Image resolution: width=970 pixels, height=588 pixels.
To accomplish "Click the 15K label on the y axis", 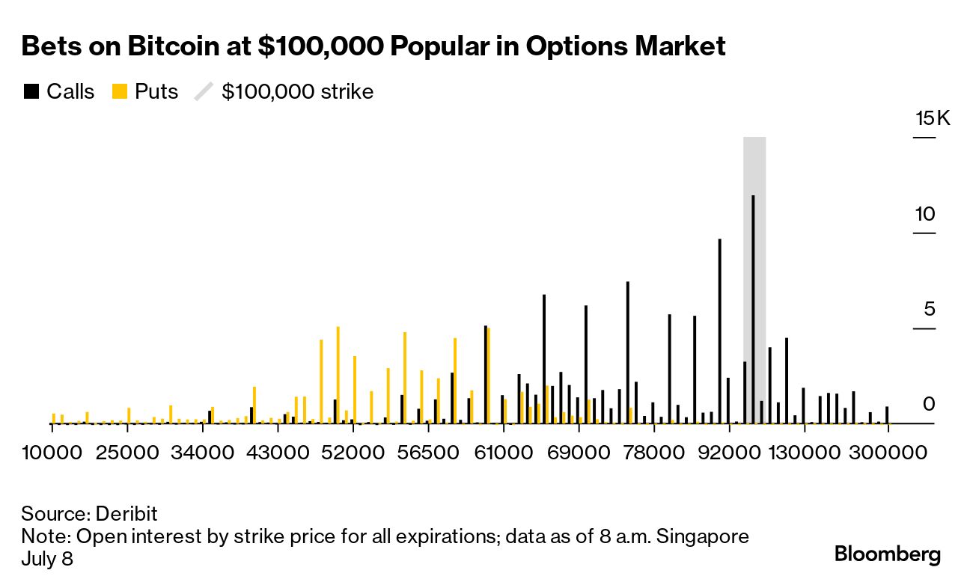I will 932,119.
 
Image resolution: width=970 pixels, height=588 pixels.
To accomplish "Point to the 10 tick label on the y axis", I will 925,215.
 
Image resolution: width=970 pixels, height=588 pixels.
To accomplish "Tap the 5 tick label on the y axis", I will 929,310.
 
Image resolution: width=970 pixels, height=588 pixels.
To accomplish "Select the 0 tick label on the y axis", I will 929,405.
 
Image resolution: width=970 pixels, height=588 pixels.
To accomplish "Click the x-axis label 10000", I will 52,453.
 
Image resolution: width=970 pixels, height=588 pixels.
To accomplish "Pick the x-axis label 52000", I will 353,453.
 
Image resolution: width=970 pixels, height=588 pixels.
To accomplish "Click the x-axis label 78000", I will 653,453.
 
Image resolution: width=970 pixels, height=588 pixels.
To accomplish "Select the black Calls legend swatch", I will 31,92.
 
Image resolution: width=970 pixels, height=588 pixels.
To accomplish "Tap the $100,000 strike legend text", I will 297,92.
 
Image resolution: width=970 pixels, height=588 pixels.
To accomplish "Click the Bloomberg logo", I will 888,554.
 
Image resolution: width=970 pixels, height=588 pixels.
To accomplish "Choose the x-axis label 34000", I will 202,453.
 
